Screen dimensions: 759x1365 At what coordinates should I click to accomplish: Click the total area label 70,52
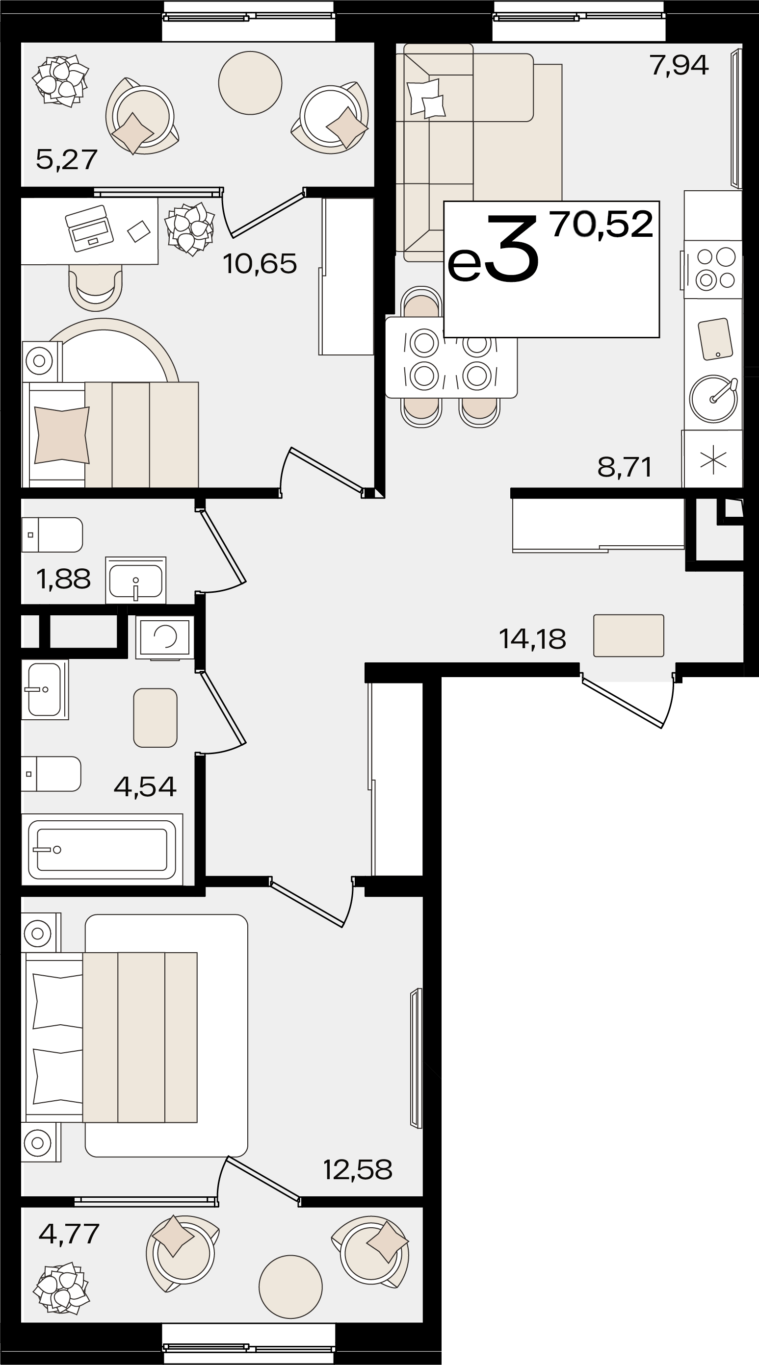pos(602,224)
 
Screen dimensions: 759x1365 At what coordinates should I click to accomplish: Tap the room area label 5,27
pos(67,159)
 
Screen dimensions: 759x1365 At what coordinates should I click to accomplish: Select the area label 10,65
pos(260,263)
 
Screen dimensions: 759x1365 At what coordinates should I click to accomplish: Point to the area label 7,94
pos(680,65)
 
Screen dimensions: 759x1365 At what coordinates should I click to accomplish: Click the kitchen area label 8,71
pos(624,467)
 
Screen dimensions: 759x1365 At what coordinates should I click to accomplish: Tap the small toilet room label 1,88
pos(63,579)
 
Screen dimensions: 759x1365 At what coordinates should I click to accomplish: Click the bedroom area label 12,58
pos(358,1169)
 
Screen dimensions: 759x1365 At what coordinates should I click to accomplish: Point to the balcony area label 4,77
pos(69,1233)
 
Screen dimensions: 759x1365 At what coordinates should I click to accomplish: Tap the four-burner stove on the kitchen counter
pos(712,269)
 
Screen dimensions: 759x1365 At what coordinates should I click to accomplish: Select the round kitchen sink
pos(713,399)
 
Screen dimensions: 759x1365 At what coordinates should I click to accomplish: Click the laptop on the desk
pos(89,228)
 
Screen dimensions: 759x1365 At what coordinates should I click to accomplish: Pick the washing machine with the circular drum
pos(165,637)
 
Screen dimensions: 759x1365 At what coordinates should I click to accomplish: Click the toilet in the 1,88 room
pos(52,534)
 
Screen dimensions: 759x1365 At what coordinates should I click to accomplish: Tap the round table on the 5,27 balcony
pos(250,83)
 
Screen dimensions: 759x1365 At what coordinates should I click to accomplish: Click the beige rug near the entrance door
pos(628,635)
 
